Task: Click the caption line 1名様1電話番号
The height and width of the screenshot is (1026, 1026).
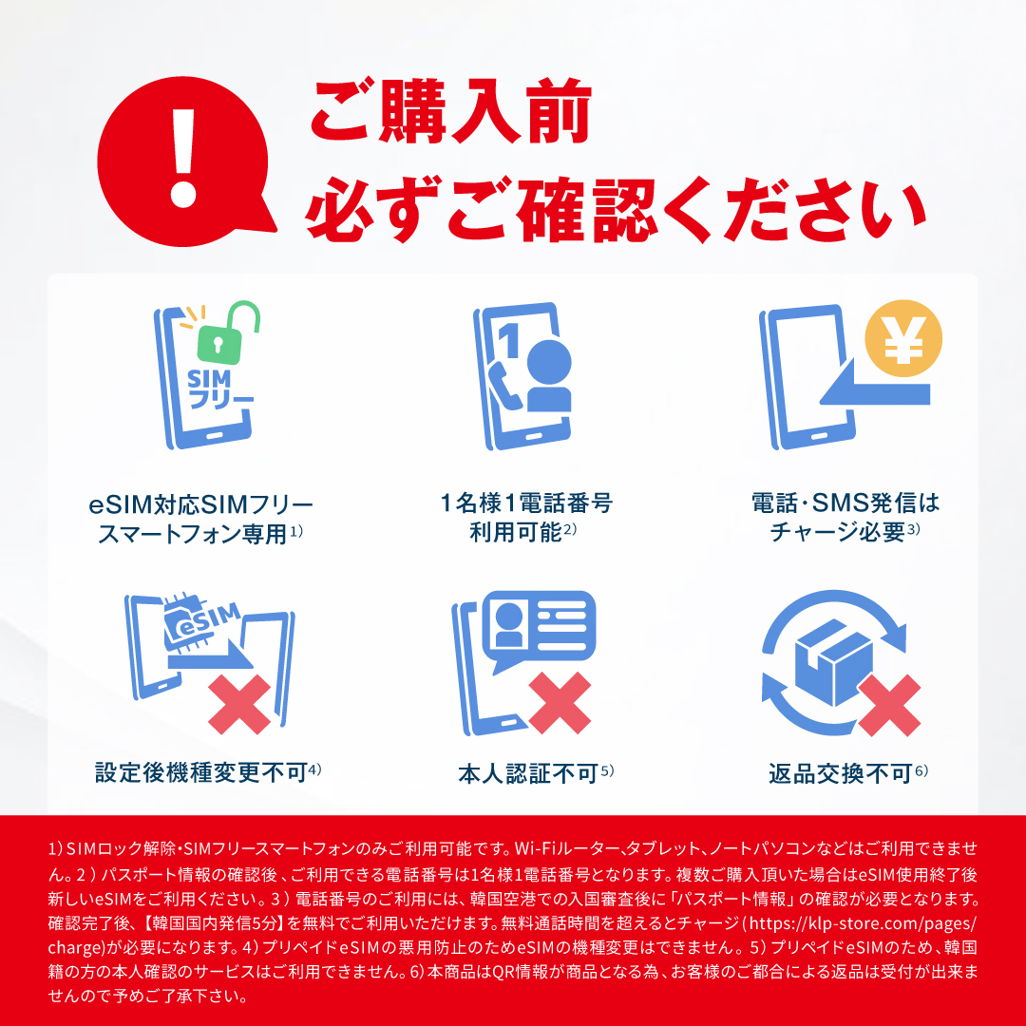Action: (526, 503)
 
